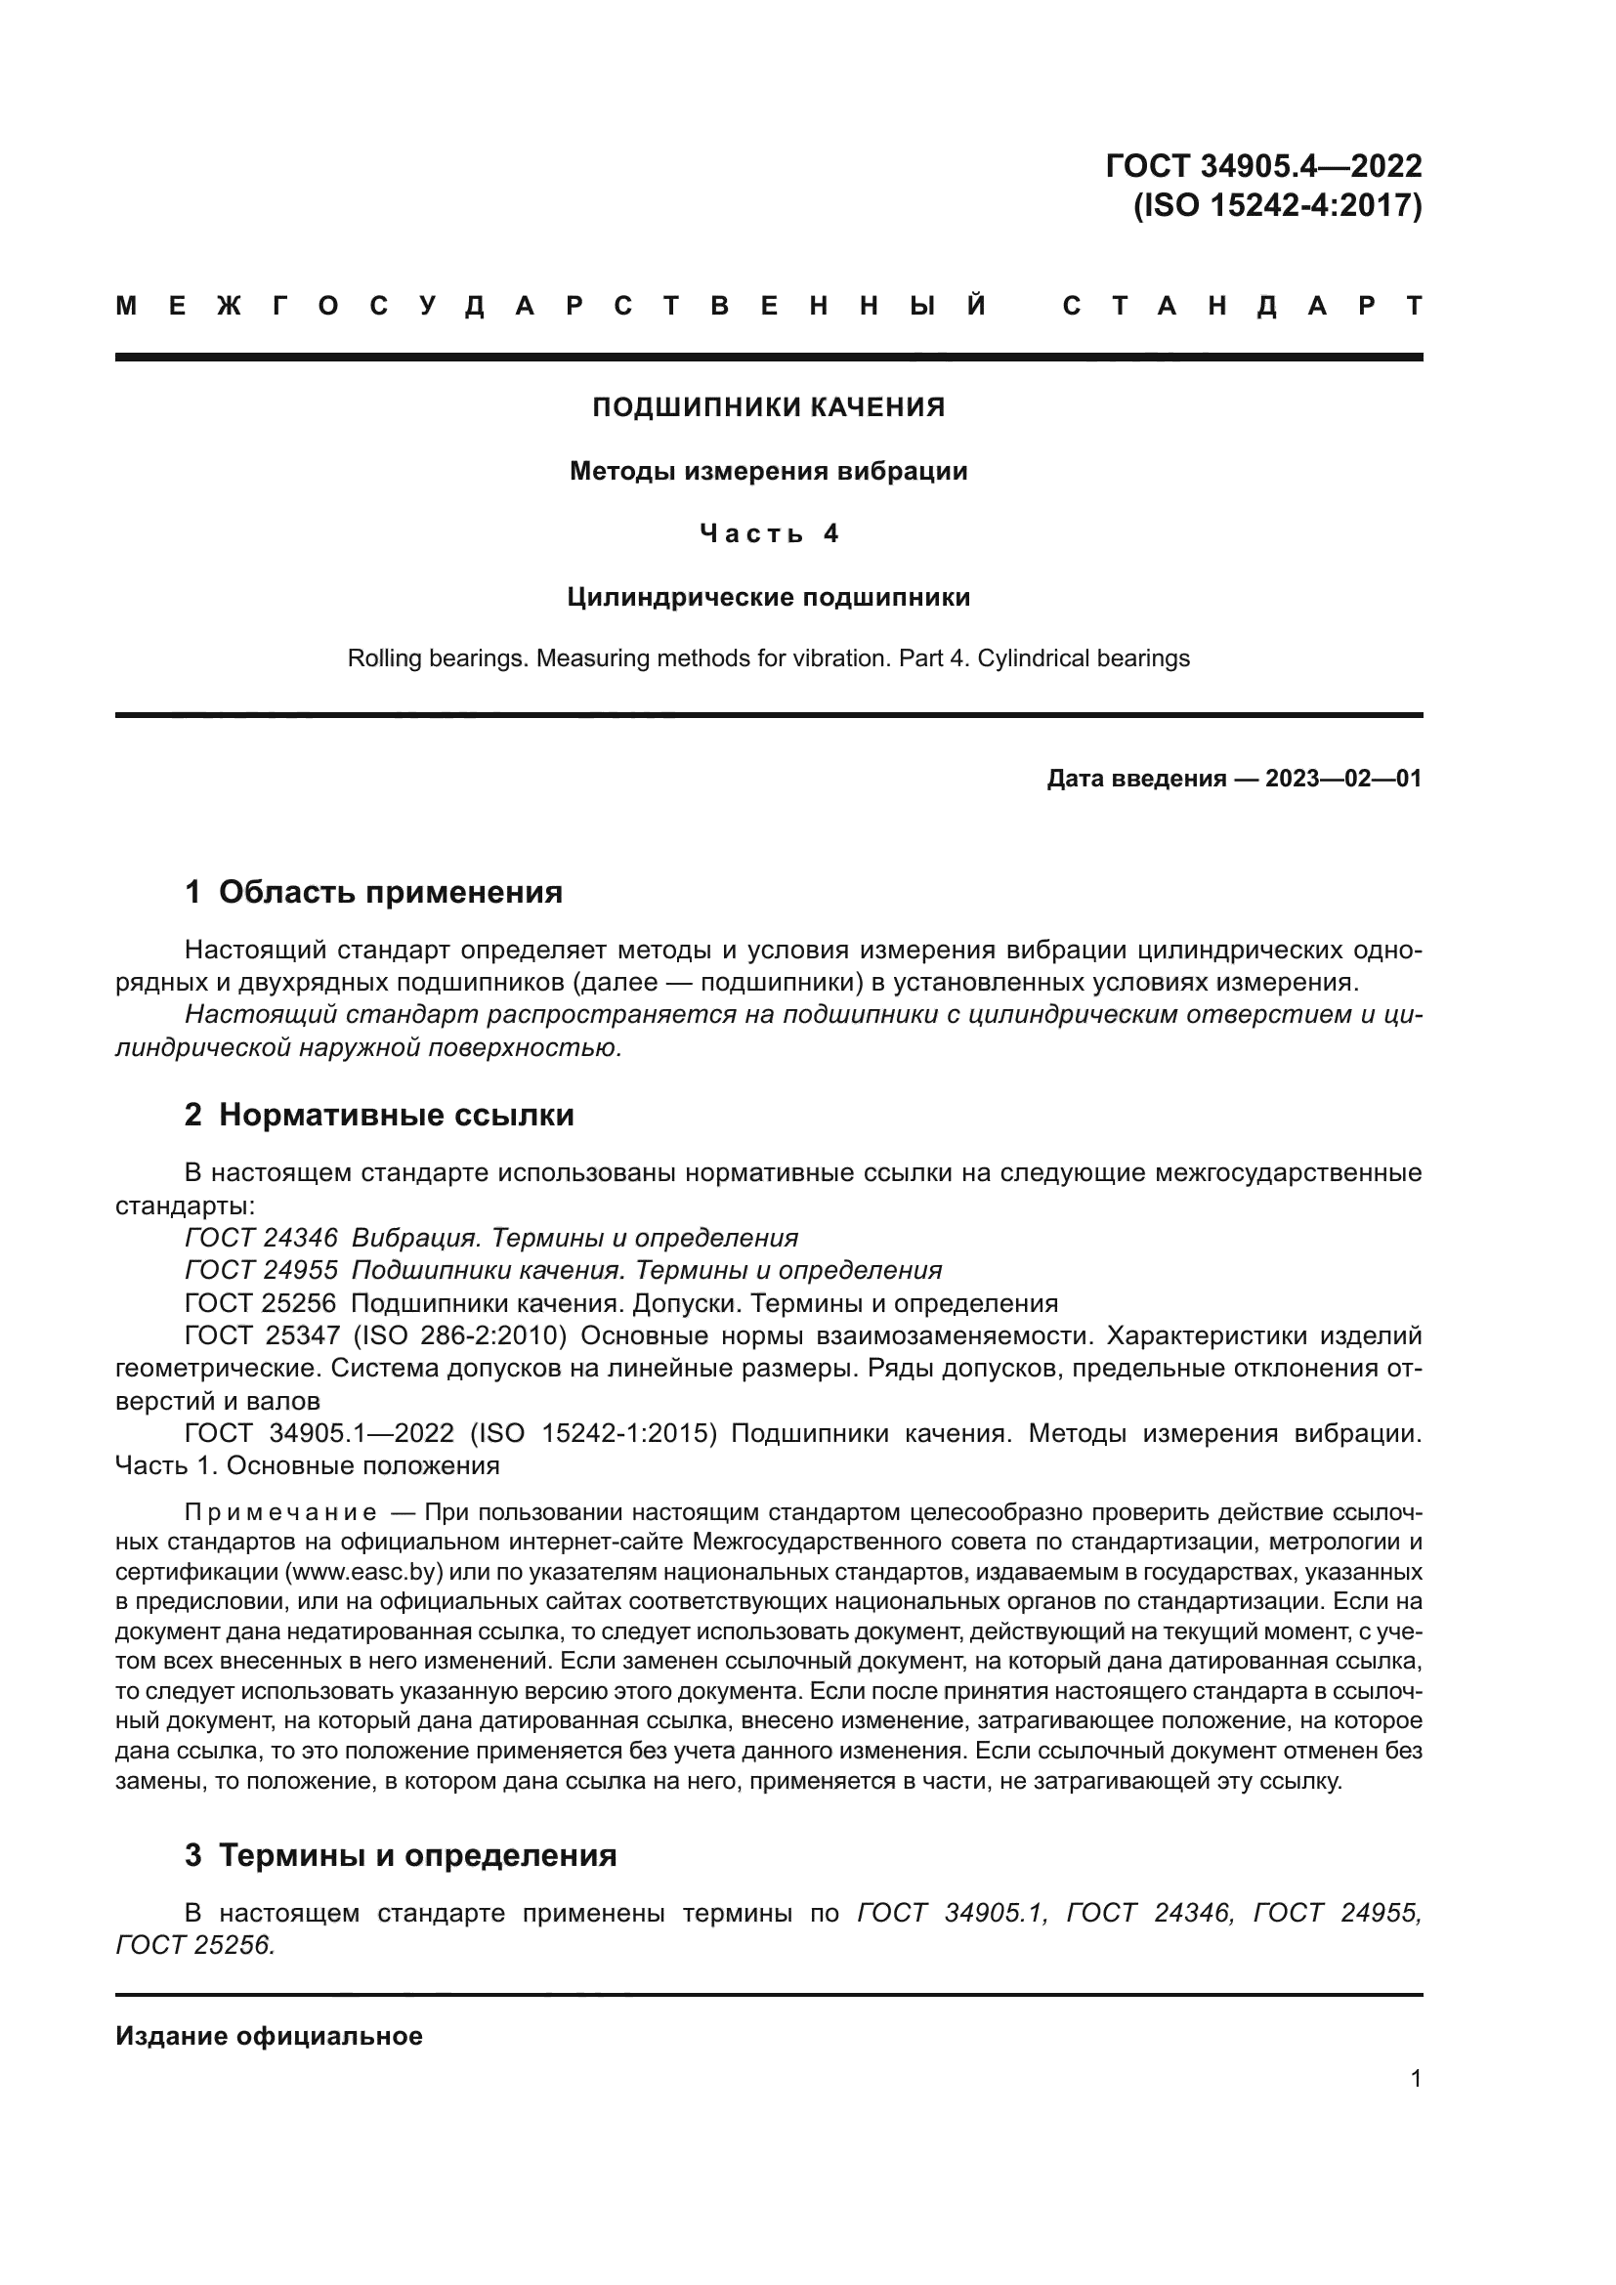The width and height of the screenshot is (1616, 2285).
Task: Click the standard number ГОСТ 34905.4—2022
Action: [x=1262, y=165]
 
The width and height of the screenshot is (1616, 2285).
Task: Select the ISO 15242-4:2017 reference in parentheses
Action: [x=1278, y=205]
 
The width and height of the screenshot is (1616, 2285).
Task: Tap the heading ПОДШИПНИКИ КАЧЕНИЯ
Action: [x=768, y=407]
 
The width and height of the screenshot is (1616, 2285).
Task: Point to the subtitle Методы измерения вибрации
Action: [x=768, y=471]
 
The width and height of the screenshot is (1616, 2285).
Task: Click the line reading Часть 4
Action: [x=768, y=534]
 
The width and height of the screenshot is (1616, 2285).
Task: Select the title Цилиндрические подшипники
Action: [x=768, y=597]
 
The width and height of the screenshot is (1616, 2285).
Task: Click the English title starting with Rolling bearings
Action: [x=768, y=658]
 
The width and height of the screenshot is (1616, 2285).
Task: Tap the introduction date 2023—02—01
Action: [x=1342, y=779]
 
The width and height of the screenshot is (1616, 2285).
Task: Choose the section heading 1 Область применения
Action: [x=374, y=892]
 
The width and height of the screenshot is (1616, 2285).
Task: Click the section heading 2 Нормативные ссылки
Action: [x=379, y=1115]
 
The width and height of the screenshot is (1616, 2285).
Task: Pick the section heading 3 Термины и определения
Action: [x=401, y=1855]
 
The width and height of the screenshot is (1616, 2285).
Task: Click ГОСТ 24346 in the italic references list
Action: [x=261, y=1238]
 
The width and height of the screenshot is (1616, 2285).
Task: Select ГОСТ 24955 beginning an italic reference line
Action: [x=261, y=1271]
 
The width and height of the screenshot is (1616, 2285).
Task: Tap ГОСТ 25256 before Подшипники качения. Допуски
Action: [x=261, y=1304]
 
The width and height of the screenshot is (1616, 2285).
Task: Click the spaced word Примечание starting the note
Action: [x=280, y=1513]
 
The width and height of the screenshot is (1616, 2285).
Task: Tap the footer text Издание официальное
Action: [x=269, y=2036]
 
